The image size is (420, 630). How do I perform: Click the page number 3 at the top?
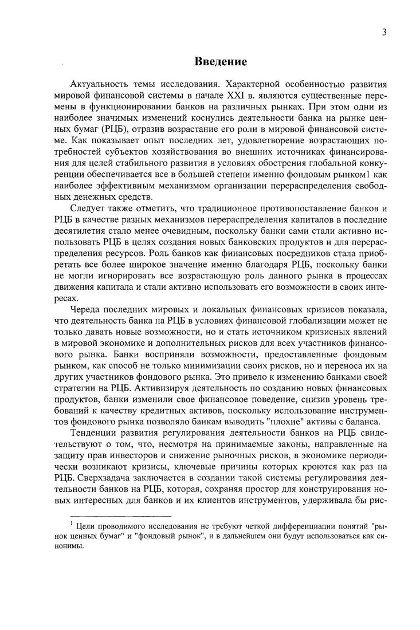tap(383, 32)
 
